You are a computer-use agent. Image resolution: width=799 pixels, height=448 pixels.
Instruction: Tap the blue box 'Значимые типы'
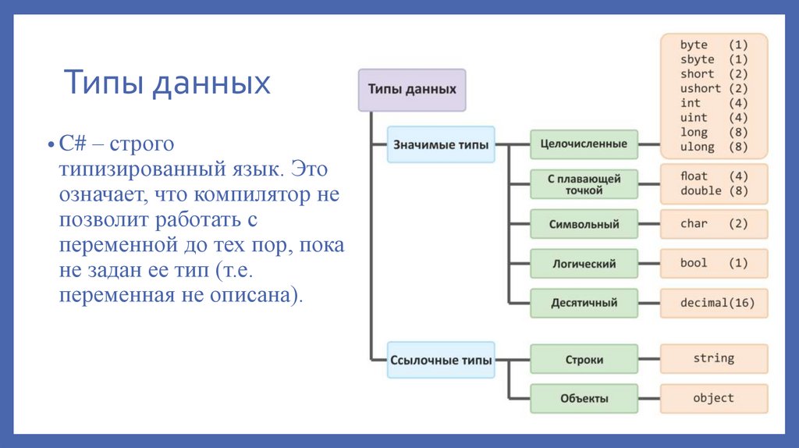(441, 144)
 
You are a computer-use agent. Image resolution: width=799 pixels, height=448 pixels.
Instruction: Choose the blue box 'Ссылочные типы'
(441, 360)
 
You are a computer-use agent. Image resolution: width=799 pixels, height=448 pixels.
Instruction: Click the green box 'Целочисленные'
(584, 144)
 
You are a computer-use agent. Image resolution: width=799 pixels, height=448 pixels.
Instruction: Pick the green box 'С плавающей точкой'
(584, 184)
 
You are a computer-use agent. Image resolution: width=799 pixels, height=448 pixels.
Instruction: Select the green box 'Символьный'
(584, 224)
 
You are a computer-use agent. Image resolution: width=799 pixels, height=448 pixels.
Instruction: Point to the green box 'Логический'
(584, 264)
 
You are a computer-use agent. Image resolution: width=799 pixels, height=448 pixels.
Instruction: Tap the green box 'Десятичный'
(584, 303)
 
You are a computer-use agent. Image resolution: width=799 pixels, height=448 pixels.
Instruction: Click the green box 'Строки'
(584, 360)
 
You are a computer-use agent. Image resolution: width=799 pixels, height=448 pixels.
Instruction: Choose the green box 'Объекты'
(584, 398)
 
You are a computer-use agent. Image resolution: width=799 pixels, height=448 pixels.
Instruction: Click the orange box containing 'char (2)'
(713, 224)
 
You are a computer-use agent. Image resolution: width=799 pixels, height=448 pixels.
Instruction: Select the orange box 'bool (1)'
(713, 264)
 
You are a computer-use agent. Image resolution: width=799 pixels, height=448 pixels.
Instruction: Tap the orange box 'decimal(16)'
(713, 303)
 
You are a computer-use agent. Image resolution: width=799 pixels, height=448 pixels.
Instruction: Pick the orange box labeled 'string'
(713, 358)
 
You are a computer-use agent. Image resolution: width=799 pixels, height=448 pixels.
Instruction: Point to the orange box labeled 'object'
(713, 398)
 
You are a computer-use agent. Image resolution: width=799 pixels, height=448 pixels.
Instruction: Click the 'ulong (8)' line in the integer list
(713, 147)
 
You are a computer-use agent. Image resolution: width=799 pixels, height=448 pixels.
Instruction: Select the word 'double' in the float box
(701, 190)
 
